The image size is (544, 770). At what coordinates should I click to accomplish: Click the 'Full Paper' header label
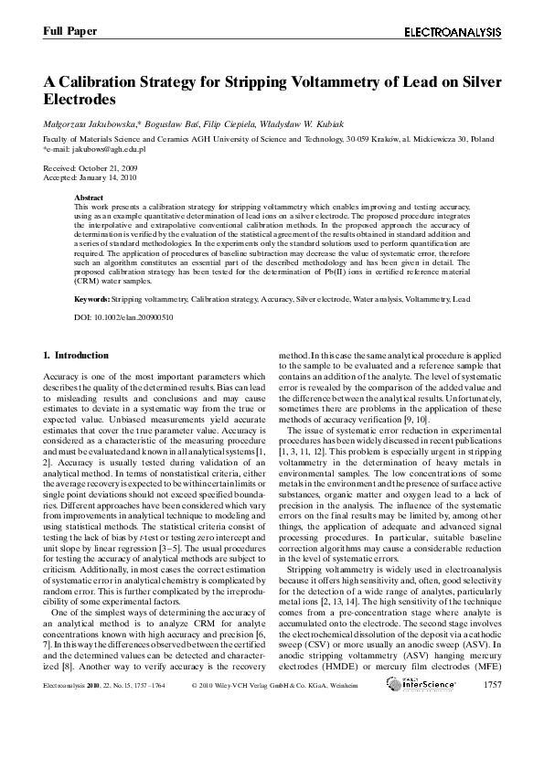point(69,31)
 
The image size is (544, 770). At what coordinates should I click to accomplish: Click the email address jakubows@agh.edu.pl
point(95,148)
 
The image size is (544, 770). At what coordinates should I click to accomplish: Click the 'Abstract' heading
point(89,198)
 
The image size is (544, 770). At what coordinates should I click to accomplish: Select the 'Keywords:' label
point(92,299)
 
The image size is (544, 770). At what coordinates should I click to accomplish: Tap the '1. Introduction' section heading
point(76,355)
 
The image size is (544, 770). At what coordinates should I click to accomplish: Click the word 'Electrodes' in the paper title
point(80,98)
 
